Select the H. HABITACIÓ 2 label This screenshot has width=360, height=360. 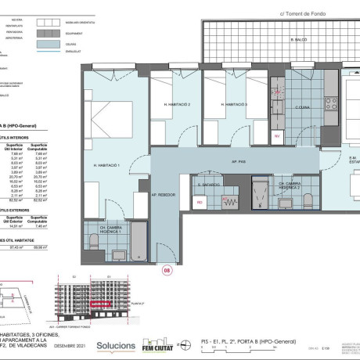178,104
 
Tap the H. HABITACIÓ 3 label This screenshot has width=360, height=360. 234,104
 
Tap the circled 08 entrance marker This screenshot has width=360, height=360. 165,272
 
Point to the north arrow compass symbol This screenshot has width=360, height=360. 187,344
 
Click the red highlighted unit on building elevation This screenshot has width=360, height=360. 99,304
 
